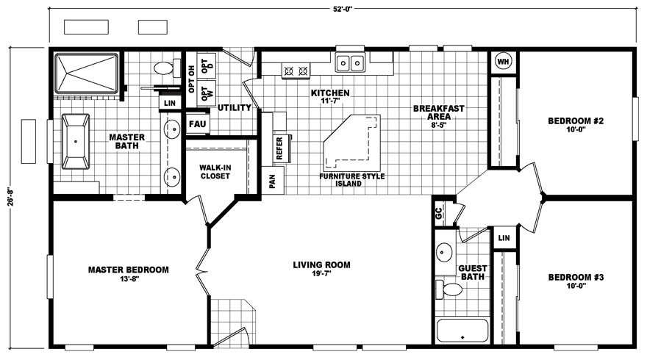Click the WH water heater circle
pos(503,62)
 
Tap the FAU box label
pos(197,124)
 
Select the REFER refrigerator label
pos(279,148)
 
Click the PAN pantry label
pos(272,181)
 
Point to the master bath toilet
pos(167,68)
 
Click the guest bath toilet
pos(448,289)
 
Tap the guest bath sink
pos(444,251)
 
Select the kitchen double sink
pos(350,62)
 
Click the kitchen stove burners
pos(296,71)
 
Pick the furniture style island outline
pos(351,142)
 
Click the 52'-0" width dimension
pos(343,9)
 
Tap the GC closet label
pos(439,213)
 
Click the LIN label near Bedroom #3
pos(504,238)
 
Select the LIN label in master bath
pos(170,103)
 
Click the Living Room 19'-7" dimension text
pos(321,273)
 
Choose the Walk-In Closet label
pos(215,171)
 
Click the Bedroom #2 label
pos(576,120)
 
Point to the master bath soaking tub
pos(76,142)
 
